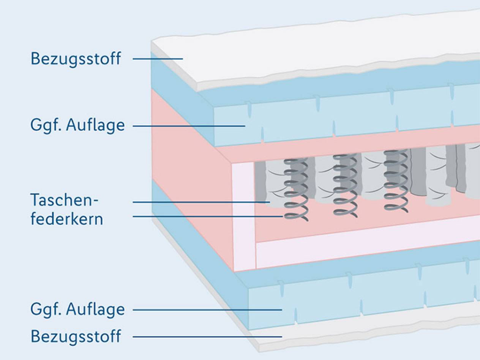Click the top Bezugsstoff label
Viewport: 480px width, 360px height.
76,59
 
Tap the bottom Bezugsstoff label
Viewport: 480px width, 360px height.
76,336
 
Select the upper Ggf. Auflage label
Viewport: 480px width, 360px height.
77,125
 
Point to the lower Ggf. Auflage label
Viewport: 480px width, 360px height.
77,309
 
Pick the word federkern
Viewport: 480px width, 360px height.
66,219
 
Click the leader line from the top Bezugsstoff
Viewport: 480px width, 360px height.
158,59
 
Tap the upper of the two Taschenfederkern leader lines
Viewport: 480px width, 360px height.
201,202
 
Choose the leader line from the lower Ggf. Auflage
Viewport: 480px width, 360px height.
207,310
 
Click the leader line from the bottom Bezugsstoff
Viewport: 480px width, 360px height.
207,336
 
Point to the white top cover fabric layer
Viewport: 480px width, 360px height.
304,49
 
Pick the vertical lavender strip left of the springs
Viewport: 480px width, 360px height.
243,216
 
